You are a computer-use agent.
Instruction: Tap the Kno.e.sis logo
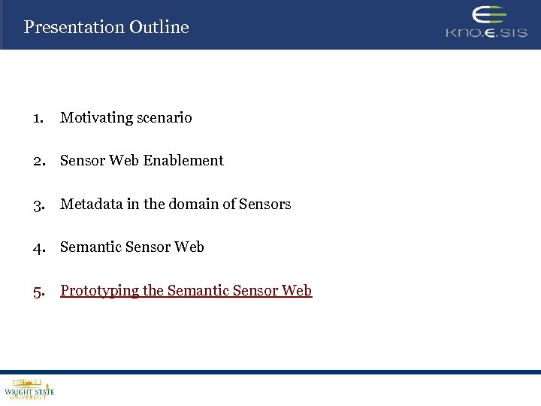pyautogui.click(x=486, y=23)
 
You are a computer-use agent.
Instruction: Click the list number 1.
pyautogui.click(x=38, y=118)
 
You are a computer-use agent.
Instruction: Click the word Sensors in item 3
pyautogui.click(x=264, y=205)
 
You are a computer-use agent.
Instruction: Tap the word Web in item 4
pyautogui.click(x=189, y=247)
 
